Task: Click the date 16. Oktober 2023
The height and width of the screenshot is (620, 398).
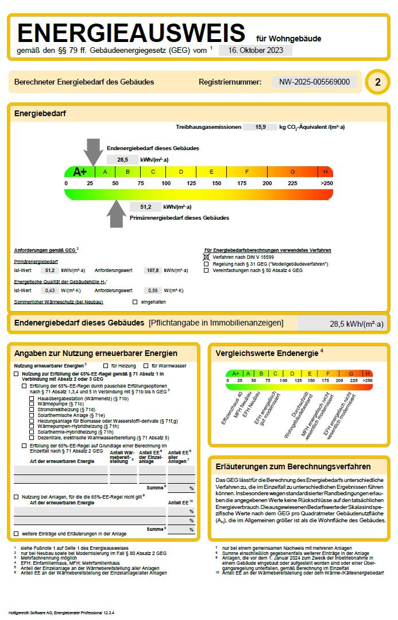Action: pos(256,50)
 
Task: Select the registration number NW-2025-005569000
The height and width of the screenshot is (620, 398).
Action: pos(314,82)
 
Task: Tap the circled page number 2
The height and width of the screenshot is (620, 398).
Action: pos(377,82)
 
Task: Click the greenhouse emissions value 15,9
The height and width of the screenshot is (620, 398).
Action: pos(260,127)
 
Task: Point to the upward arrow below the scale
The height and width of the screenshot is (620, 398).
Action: pos(117,214)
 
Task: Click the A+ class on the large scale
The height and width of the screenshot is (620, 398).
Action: pos(80,171)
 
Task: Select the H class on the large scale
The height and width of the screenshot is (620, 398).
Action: pos(326,171)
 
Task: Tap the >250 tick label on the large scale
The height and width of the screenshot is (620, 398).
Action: pos(326,183)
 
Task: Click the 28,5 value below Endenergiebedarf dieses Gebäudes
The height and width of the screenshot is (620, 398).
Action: pos(122,159)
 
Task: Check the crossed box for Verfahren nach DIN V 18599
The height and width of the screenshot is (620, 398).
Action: pos(207,257)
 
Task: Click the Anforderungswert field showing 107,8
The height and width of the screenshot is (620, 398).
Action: pos(153,270)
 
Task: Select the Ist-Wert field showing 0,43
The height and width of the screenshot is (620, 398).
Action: pos(50,290)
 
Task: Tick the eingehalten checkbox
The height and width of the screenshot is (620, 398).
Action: pos(135,301)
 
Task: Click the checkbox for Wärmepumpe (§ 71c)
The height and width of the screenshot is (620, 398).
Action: pos(32,404)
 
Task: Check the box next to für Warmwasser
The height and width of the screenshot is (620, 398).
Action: pos(146,366)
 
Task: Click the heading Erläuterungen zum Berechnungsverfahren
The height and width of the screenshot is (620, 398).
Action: pos(293,466)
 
